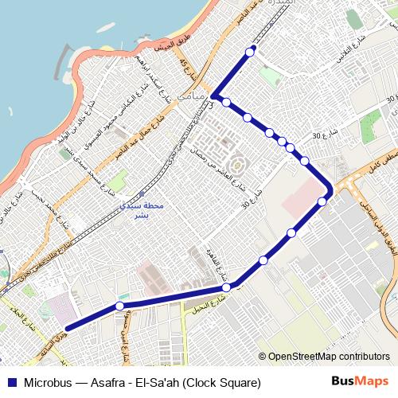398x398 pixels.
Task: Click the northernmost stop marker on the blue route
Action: tap(251, 52)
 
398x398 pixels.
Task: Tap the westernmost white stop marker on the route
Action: tap(119, 306)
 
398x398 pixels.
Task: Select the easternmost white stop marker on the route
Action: tap(322, 201)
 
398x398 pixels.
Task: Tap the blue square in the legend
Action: tap(12, 382)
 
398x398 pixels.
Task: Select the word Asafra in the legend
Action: tap(111, 382)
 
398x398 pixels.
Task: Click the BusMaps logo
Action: tap(361, 382)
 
